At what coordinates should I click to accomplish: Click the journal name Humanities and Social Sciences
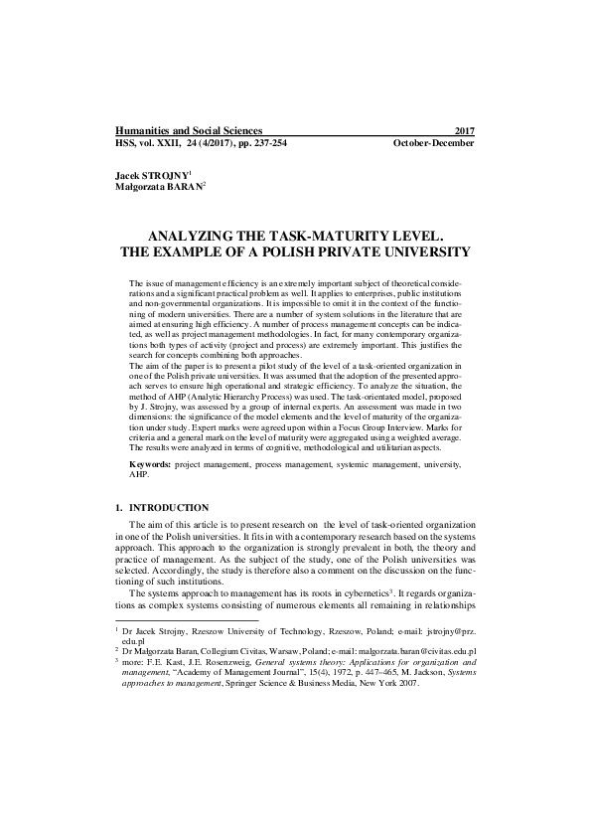[x=189, y=131]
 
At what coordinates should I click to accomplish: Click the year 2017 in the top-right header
[x=463, y=131]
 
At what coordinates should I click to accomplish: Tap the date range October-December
[x=434, y=143]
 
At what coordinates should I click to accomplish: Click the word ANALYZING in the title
[x=202, y=239]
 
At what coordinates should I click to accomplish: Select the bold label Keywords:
[x=150, y=465]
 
